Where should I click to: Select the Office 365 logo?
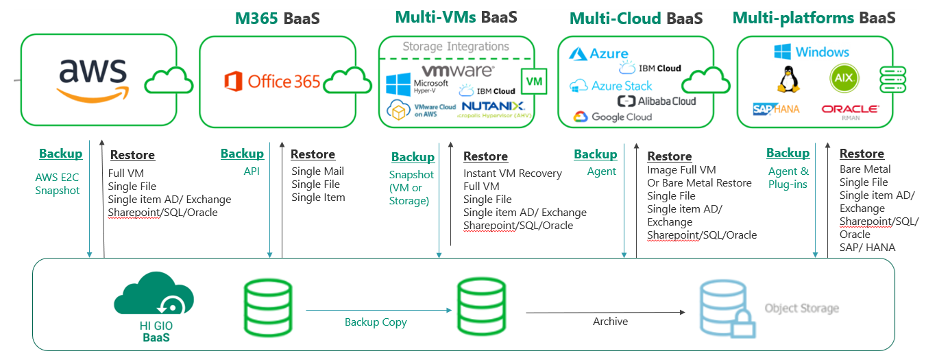pos(272,82)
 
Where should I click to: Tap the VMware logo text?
pos(457,70)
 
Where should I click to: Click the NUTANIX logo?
pos(493,106)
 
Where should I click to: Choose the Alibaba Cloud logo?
pos(656,101)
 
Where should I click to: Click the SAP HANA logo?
pos(776,109)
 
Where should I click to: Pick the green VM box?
pos(533,82)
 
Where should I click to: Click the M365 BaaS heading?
pos(277,19)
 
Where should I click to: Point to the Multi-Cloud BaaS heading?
pos(635,19)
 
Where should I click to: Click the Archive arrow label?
pos(610,321)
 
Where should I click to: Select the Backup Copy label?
pos(376,322)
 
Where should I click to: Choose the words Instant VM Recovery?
pos(512,173)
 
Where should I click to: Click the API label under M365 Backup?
pos(252,171)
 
